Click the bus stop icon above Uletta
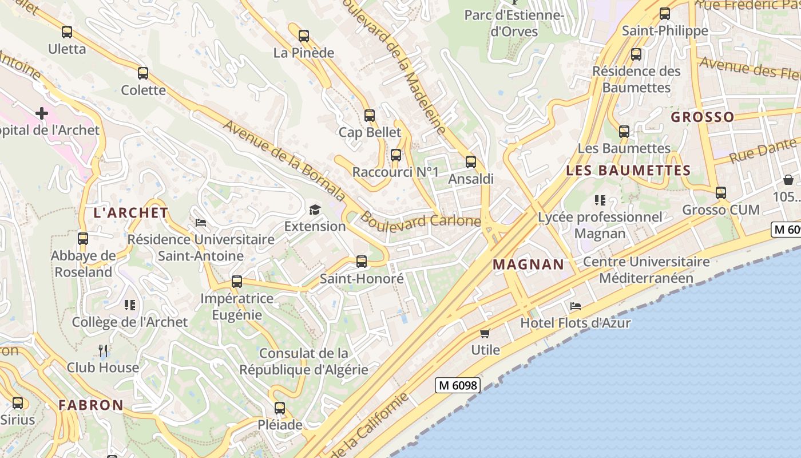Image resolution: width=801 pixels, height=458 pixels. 67,32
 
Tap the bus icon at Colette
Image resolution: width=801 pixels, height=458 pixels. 143,73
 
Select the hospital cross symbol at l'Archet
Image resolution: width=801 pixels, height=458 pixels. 42,113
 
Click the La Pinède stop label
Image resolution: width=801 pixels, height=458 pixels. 304,53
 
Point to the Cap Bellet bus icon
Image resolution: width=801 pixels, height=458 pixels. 370,116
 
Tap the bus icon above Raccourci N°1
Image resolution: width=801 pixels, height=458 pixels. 395,155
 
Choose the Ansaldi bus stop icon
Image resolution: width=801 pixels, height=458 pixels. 470,162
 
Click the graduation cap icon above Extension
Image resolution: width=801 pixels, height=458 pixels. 315,210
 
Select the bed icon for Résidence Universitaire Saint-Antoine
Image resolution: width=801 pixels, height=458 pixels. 200,222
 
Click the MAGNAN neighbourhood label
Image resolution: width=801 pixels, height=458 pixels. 528,264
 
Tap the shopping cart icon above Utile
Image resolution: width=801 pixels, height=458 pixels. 485,333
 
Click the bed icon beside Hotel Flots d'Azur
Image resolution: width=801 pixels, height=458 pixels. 576,306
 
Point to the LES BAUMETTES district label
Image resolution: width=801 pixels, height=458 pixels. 628,171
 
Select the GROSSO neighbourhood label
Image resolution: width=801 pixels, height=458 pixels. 702,117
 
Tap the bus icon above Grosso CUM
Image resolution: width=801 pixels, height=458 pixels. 721,193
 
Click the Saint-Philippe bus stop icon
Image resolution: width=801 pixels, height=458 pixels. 664,14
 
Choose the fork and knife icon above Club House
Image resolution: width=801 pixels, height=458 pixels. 103,350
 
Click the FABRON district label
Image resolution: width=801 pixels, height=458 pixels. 90,405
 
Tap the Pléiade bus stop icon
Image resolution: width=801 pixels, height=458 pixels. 280,408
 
